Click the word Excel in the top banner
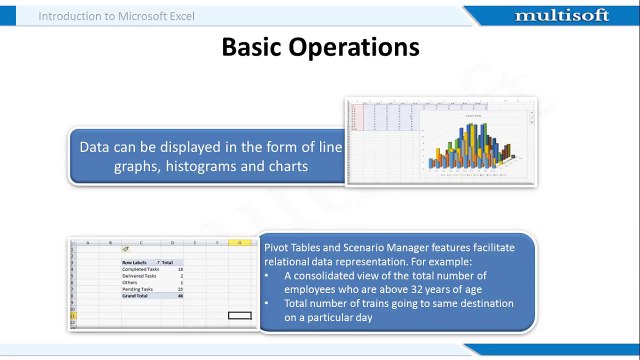207,16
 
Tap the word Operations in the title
357,47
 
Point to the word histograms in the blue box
200,167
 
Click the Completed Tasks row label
140,270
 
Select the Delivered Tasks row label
140,277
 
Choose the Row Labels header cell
136,262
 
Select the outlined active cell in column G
239,315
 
